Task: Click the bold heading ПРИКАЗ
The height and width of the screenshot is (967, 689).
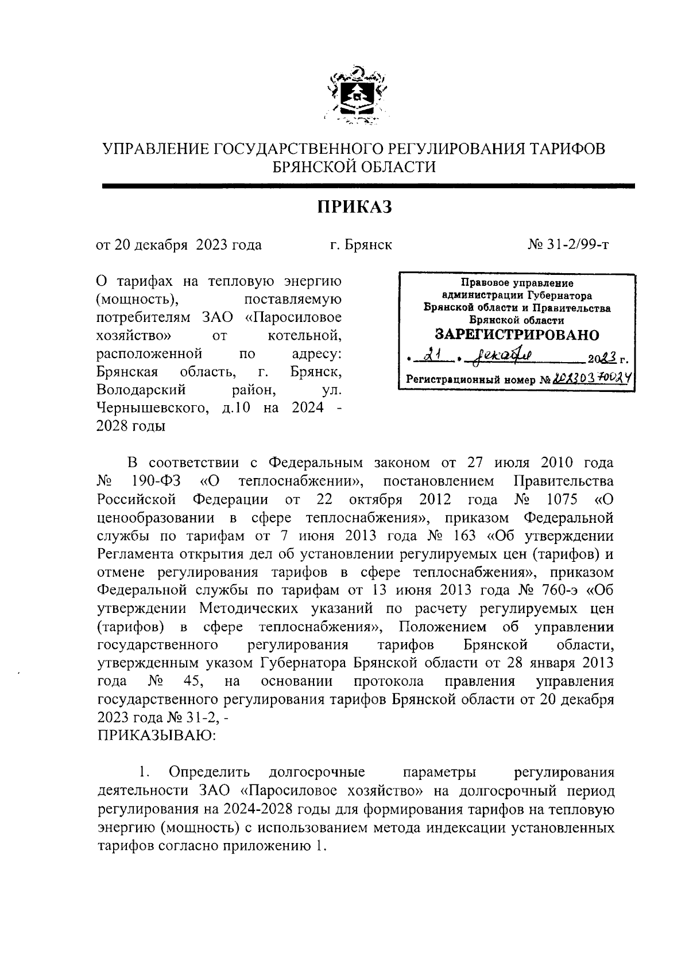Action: pos(355,206)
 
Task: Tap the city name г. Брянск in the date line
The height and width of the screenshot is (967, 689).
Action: pos(361,245)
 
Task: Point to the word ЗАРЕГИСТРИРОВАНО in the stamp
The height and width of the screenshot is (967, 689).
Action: pos(517,334)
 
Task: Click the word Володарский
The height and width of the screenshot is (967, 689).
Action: pos(141,390)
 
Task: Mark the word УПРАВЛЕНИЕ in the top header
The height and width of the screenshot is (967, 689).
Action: pos(155,149)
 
